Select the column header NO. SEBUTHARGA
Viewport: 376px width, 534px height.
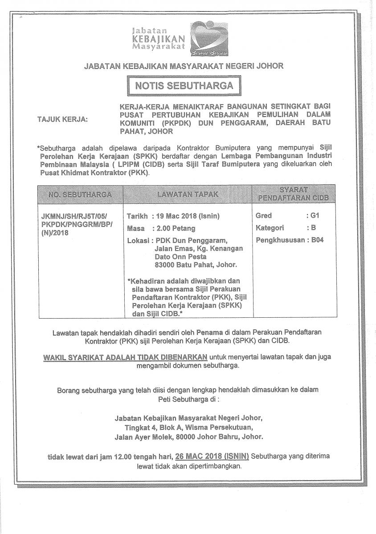point(81,194)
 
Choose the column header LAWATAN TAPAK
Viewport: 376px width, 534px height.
point(188,194)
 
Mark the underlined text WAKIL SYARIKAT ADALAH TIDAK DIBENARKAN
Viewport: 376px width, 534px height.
point(125,357)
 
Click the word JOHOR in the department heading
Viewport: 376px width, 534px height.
point(270,66)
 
